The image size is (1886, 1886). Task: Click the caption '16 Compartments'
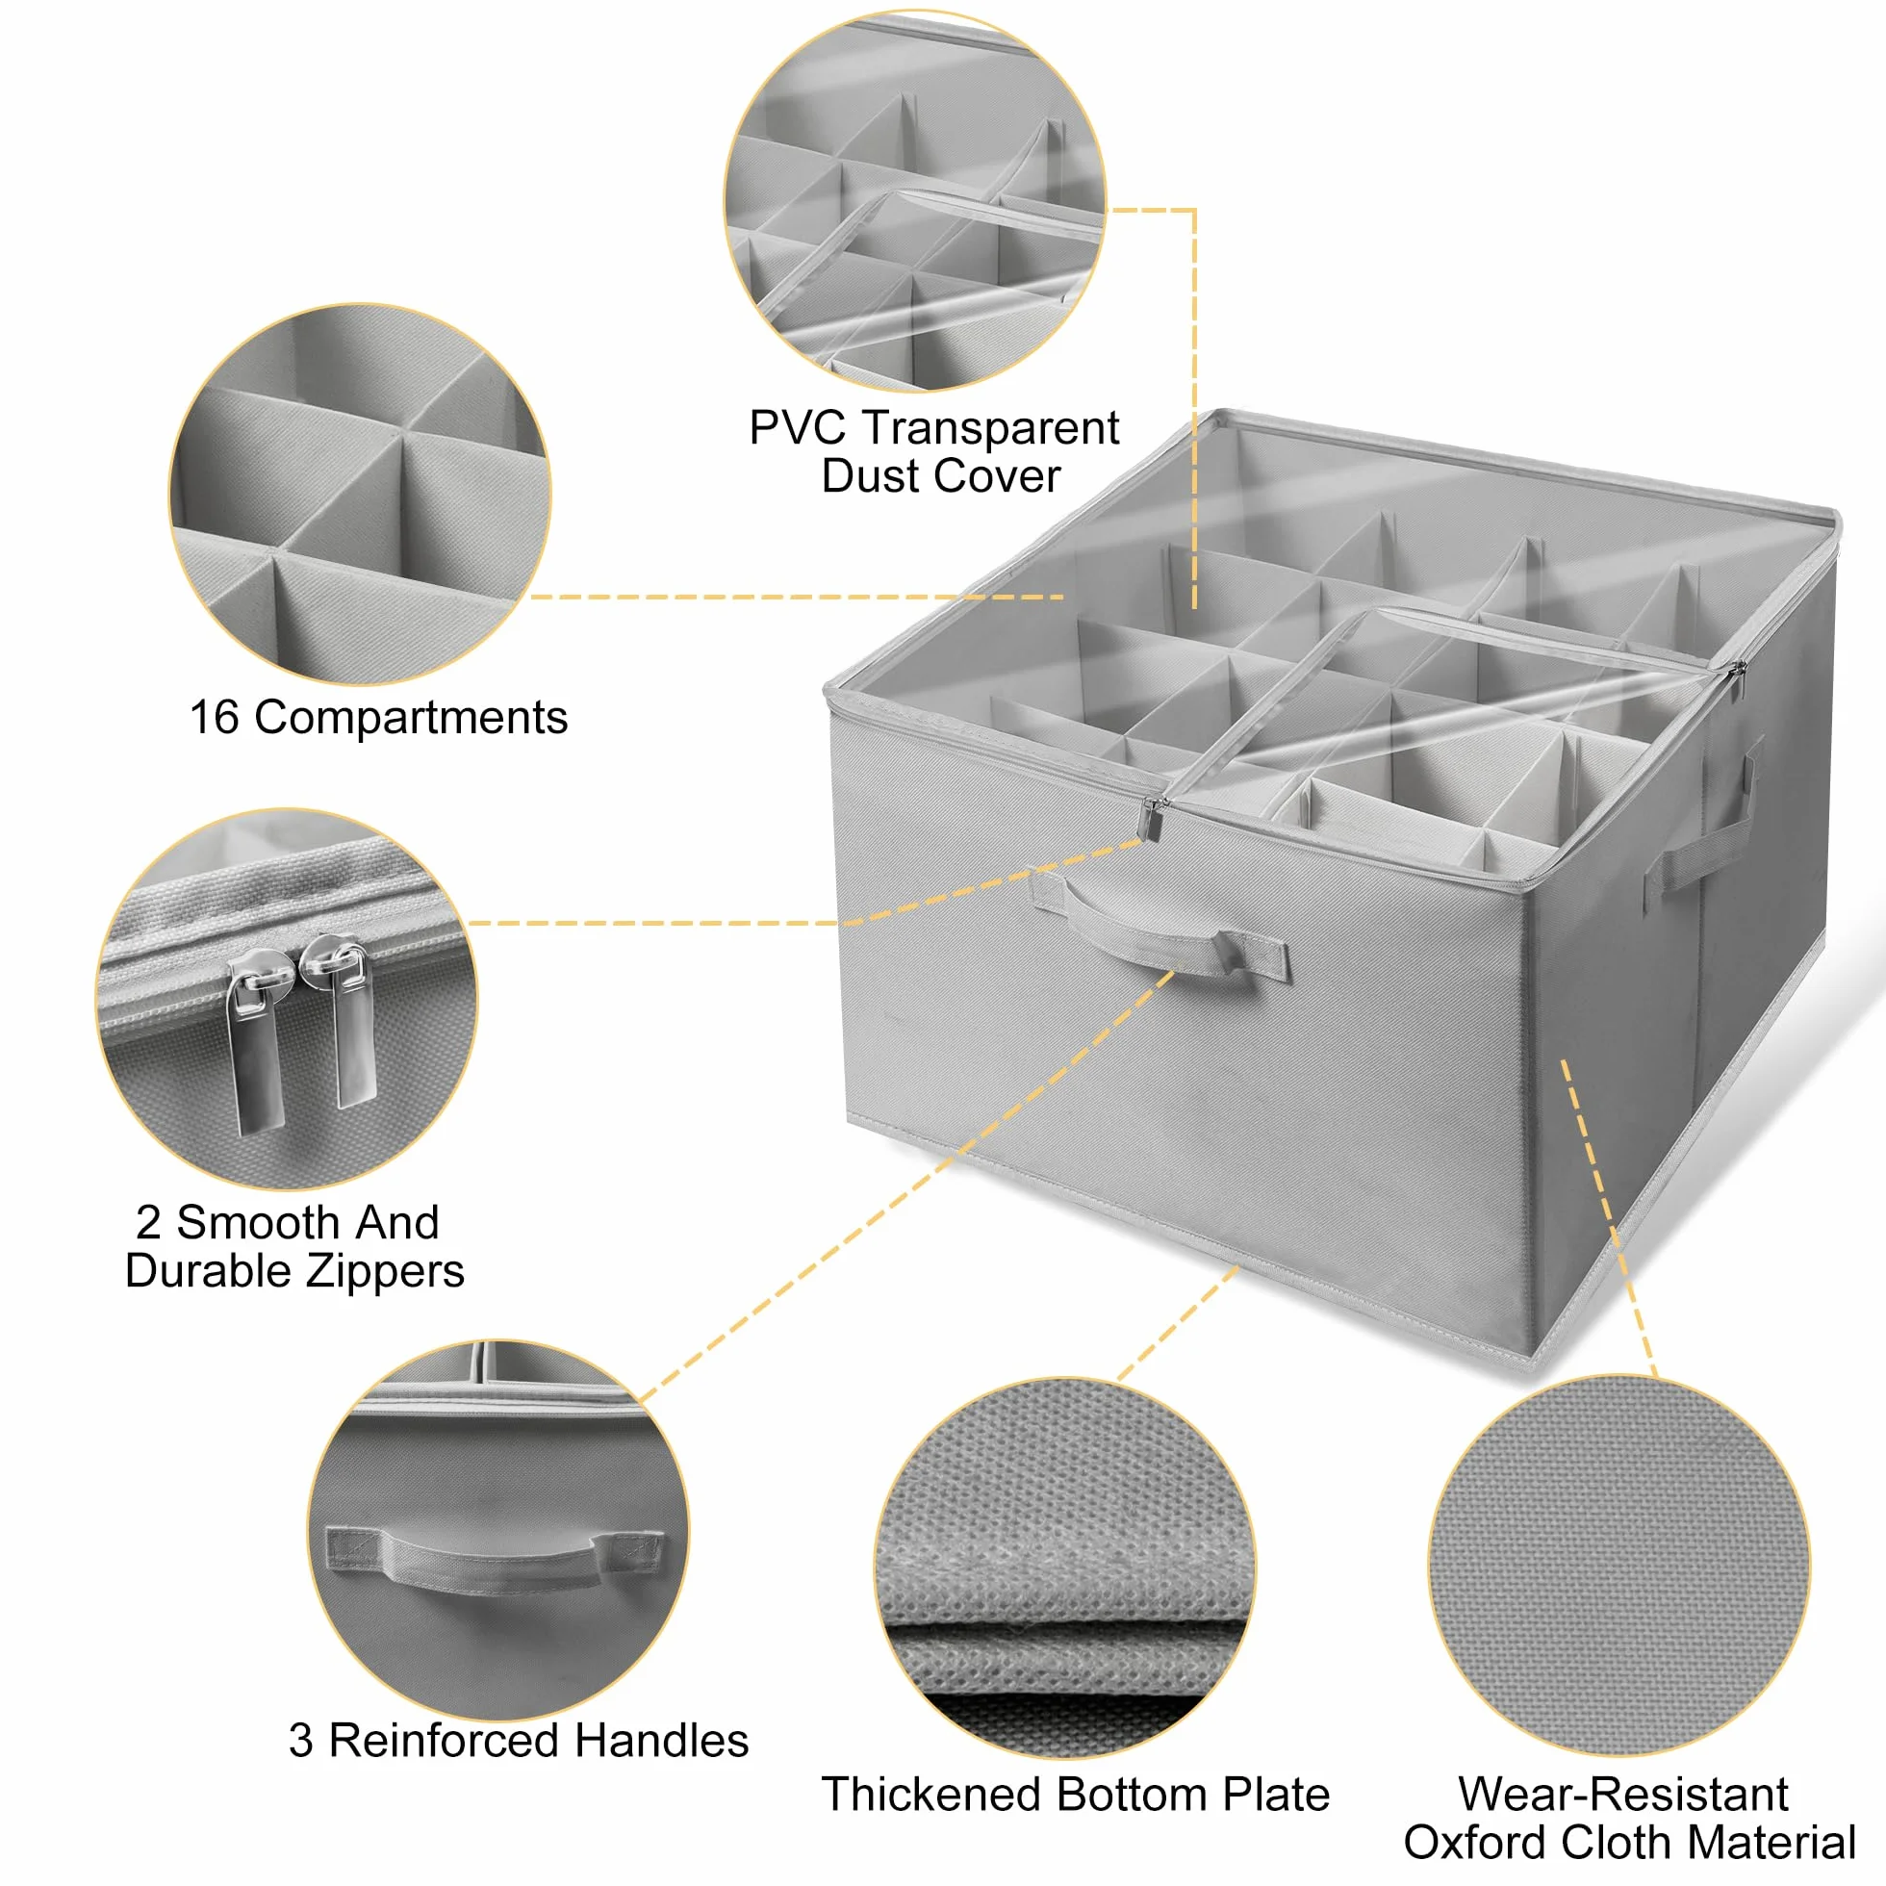tap(378, 718)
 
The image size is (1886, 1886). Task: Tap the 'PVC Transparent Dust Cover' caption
tap(934, 451)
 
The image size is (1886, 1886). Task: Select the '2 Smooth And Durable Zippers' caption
tap(294, 1247)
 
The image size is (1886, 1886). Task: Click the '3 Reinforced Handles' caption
tap(519, 1741)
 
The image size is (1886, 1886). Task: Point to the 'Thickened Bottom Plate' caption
tap(1076, 1795)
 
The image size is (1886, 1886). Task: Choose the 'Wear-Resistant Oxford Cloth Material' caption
tap(1629, 1818)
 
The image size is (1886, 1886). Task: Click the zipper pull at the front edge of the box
tap(1153, 818)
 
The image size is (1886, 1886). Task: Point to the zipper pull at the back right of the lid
tap(1737, 680)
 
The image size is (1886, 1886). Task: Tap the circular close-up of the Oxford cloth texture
tap(1618, 1566)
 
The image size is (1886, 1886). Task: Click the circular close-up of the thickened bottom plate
tap(1065, 1567)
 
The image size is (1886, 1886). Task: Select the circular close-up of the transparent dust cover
tap(915, 202)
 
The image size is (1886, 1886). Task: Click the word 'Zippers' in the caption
tap(386, 1272)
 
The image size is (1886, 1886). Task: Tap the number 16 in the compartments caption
tap(214, 718)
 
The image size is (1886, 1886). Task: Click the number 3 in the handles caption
tap(300, 1742)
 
